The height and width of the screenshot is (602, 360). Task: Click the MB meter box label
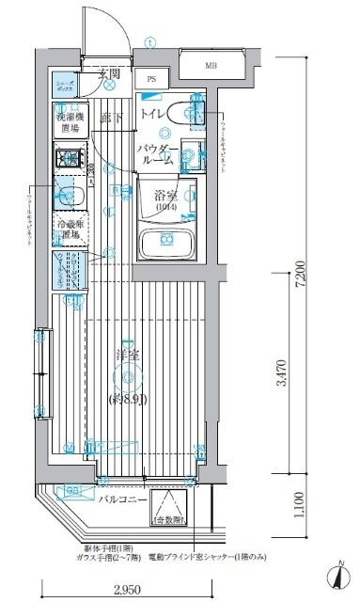[x=212, y=66]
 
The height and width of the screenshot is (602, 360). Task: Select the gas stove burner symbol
[x=69, y=161]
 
